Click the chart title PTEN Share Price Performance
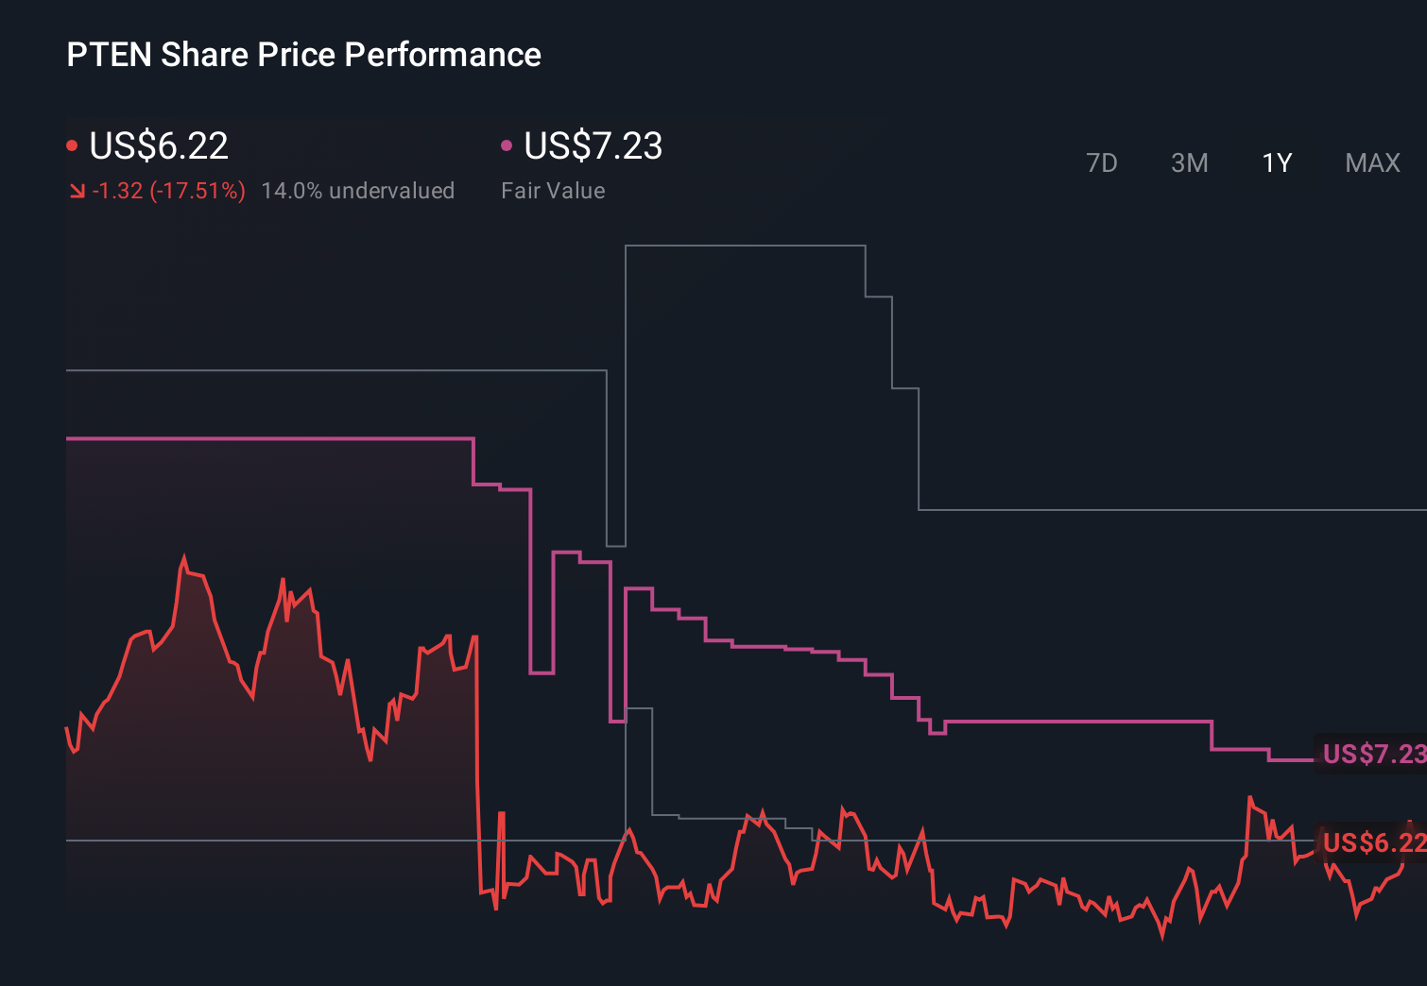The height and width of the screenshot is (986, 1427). coord(303,55)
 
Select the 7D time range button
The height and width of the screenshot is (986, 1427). coord(1101,163)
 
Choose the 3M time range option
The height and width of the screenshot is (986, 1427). coord(1189,163)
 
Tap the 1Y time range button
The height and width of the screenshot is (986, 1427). coord(1277,163)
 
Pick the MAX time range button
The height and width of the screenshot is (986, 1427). coord(1372,163)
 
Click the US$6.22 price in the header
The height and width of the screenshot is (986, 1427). coord(159,146)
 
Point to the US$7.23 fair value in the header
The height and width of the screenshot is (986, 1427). coord(593,146)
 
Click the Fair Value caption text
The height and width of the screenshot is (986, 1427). coord(553,191)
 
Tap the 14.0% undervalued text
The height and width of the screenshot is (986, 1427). coord(357,191)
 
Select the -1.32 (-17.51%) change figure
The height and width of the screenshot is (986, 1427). coord(168,191)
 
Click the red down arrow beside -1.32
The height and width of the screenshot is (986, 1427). coord(77,192)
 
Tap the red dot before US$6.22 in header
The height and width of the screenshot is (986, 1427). coord(72,145)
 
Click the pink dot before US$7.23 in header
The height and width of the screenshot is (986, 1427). coord(507,145)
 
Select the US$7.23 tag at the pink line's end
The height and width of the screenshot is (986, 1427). coord(1372,754)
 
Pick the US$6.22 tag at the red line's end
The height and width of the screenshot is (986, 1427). coord(1372,841)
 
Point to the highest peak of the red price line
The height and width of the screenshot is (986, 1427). coord(184,558)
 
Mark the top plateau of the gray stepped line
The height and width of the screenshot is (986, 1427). coord(745,246)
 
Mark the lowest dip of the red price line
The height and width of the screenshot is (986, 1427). coord(1162,936)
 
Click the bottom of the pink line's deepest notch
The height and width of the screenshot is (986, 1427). coord(617,722)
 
